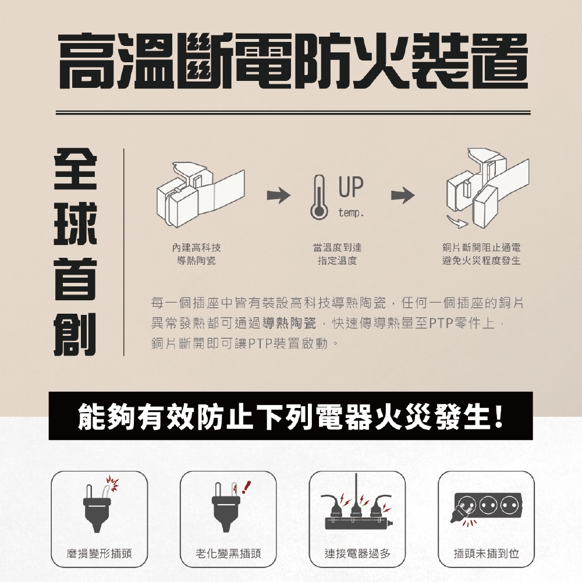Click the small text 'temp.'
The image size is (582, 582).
pyautogui.click(x=351, y=214)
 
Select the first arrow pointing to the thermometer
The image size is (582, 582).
pyautogui.click(x=278, y=195)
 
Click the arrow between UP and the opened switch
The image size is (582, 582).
pyautogui.click(x=403, y=195)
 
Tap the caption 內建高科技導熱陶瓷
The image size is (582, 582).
pyautogui.click(x=196, y=254)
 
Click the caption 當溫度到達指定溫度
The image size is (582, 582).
pyautogui.click(x=338, y=254)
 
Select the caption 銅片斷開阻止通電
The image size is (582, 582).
pyautogui.click(x=481, y=247)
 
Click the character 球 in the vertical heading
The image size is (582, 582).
pyautogui.click(x=76, y=223)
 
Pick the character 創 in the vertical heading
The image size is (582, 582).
pyautogui.click(x=76, y=334)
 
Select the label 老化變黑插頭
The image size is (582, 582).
pyautogui.click(x=228, y=554)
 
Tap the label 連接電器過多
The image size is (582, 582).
pyautogui.click(x=357, y=554)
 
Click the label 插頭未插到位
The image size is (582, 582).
pyautogui.click(x=486, y=554)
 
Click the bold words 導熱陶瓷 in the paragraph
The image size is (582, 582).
pyautogui.click(x=289, y=324)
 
